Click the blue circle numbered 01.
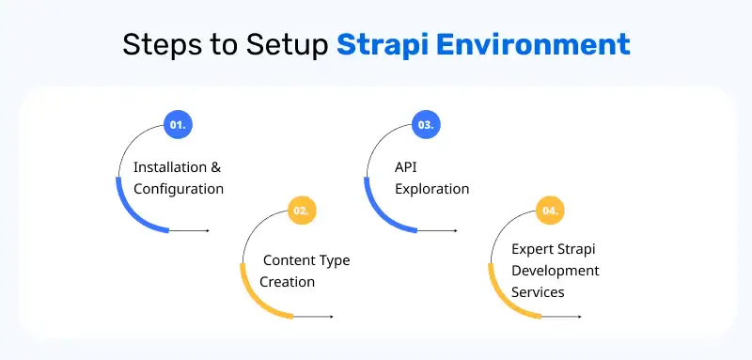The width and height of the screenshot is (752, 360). pos(177,124)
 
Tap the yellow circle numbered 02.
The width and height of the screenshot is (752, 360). pos(302,211)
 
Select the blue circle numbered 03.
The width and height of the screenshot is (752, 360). pos(425,124)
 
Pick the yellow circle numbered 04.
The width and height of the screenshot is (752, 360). pos(550,211)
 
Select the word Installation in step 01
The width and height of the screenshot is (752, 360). pos(169,167)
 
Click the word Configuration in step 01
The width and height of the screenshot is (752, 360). pos(179,188)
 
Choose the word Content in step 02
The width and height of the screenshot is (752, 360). pos(290,259)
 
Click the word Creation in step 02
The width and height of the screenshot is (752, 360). pos(288,281)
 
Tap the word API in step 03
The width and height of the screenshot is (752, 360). pos(406,167)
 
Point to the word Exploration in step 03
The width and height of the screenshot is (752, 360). pos(431,188)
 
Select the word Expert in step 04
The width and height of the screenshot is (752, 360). pos(534,249)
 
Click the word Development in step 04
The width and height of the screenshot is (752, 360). pos(556,271)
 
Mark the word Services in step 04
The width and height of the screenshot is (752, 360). pos(539,292)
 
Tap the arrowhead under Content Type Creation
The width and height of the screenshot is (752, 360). pos(331,317)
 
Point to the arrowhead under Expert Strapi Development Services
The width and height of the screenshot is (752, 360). pos(579,317)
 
